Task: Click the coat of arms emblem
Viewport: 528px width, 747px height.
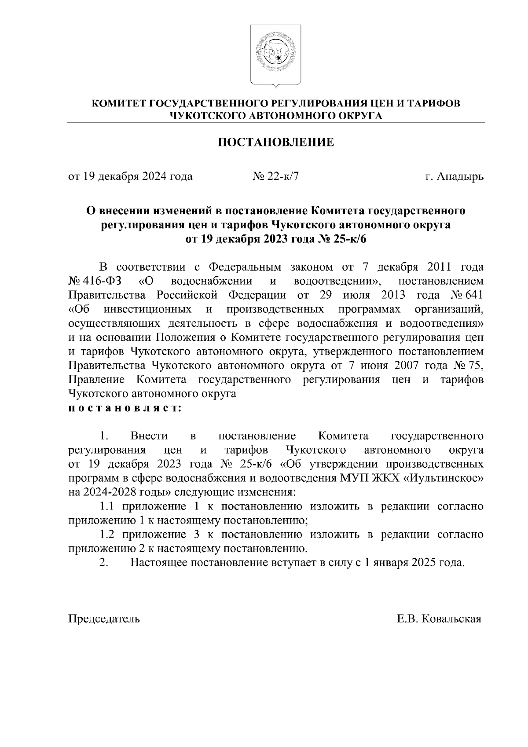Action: (276, 55)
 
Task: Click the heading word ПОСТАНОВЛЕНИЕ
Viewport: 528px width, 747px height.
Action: (276, 143)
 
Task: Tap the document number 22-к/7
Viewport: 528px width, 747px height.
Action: (283, 177)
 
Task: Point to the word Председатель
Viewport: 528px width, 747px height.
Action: (104, 619)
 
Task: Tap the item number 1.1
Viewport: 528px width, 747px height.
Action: (107, 506)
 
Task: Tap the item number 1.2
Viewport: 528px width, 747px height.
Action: (107, 535)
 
